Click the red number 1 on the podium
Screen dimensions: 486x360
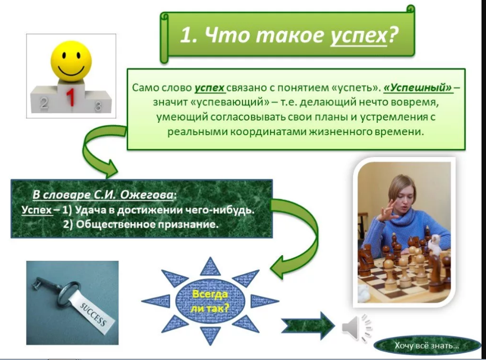point(71,96)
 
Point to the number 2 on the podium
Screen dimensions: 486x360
point(44,103)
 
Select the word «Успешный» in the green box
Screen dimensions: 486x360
point(418,87)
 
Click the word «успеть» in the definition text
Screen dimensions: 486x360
point(355,88)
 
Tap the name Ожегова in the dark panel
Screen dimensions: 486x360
point(146,195)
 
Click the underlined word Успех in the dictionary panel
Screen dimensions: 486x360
point(36,210)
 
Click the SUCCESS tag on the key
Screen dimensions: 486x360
point(93,313)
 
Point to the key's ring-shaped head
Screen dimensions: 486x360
point(67,293)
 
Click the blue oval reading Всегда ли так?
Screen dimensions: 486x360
point(210,301)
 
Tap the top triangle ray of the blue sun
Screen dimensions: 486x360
point(210,267)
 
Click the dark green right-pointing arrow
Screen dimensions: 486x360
point(308,326)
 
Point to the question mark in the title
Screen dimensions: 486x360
point(393,35)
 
